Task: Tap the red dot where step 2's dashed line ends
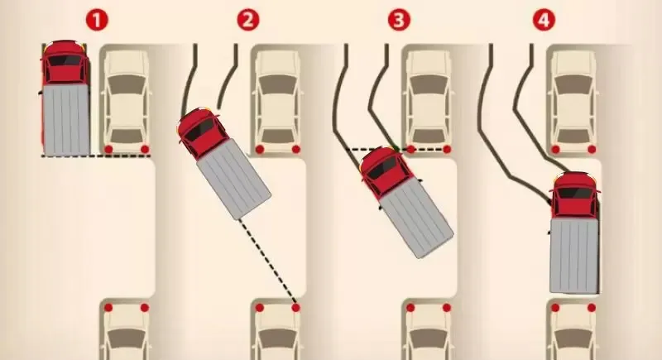295,307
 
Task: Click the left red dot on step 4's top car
555,149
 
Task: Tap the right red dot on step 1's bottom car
145,307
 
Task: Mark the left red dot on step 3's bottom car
409,307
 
